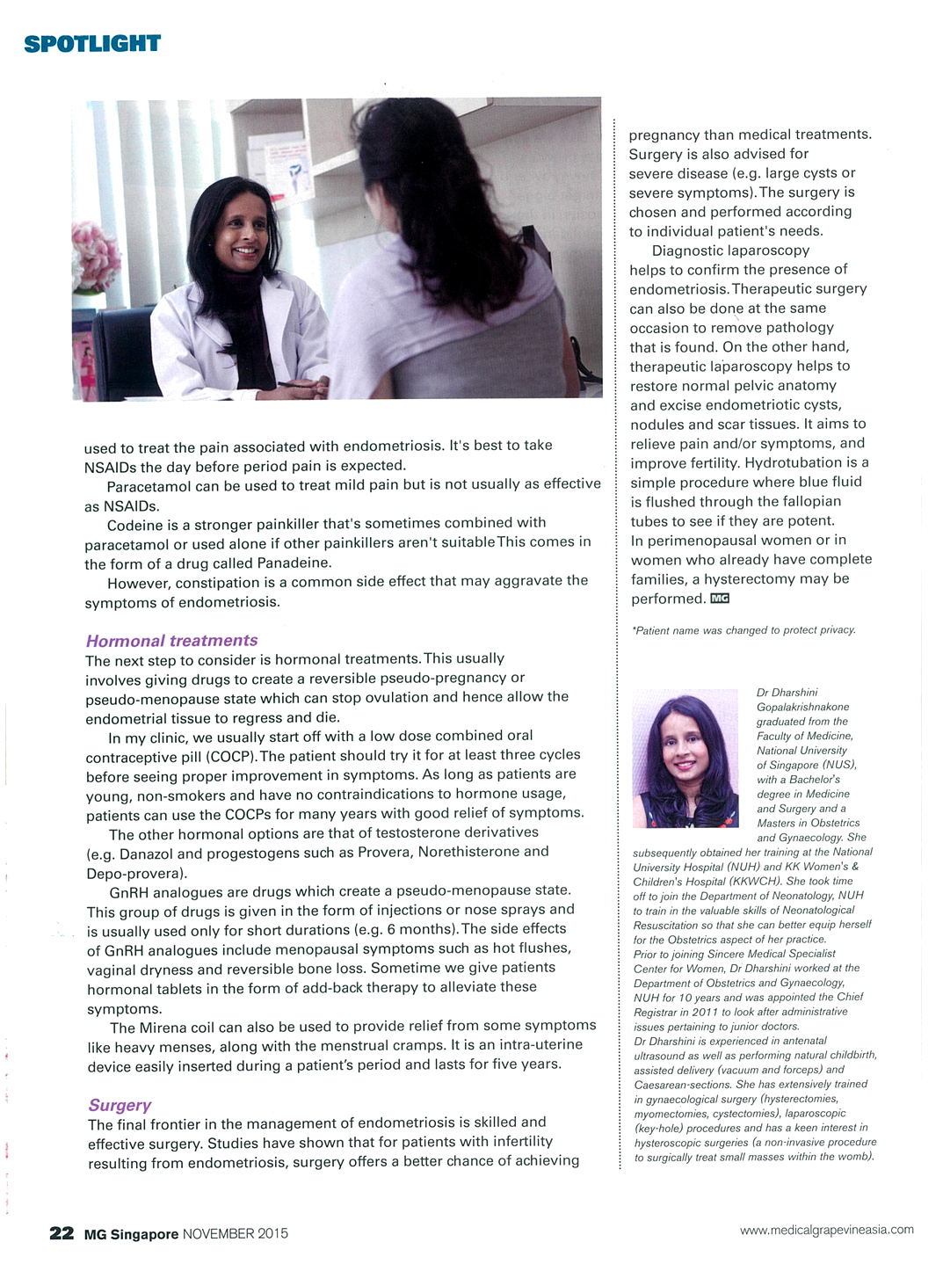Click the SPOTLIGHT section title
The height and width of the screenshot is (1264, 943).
[x=92, y=43]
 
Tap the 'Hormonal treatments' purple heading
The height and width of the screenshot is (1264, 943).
[x=171, y=641]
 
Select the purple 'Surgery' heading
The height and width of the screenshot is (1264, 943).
[x=120, y=1105]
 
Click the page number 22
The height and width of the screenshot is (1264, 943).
[x=62, y=1233]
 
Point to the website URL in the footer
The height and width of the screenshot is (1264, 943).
[x=826, y=1230]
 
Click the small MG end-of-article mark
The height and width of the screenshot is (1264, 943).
[x=720, y=599]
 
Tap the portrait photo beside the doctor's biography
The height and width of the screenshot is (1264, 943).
[x=685, y=759]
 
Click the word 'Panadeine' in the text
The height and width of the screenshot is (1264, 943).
[x=293, y=563]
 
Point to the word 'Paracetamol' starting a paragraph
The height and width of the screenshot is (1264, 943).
[x=146, y=485]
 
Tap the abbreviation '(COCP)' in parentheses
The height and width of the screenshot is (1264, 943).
[x=232, y=756]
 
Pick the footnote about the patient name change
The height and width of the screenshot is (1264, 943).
[x=743, y=629]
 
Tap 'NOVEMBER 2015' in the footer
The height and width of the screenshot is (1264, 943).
[x=235, y=1234]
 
